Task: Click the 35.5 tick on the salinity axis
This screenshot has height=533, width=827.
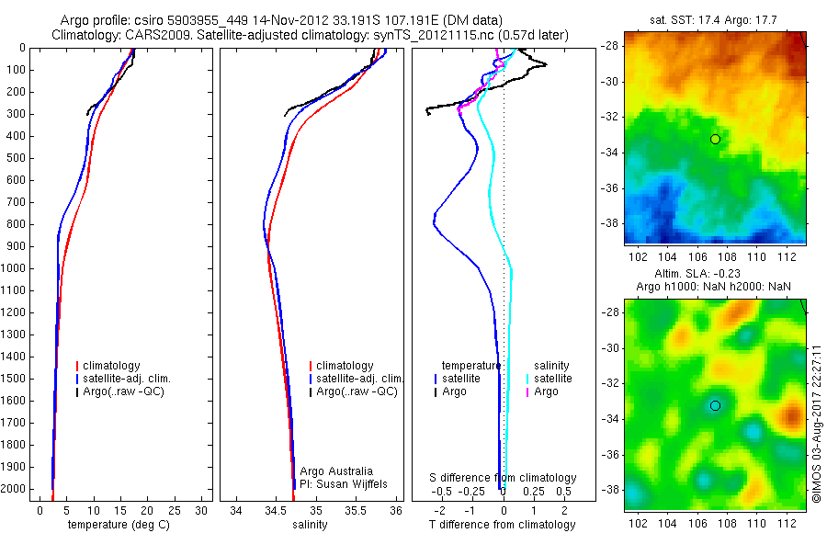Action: pyautogui.click(x=356, y=509)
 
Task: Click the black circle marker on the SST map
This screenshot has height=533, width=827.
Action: pyautogui.click(x=715, y=139)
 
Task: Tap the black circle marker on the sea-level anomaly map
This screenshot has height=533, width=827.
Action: pyautogui.click(x=715, y=405)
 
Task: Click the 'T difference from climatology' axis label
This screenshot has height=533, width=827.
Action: pyautogui.click(x=503, y=525)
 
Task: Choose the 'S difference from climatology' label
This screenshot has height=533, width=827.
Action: pyautogui.click(x=504, y=478)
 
